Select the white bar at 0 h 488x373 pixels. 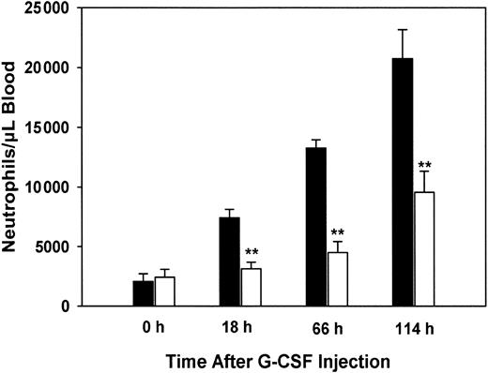165,291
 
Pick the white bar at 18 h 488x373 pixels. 252,287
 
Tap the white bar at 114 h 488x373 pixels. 424,249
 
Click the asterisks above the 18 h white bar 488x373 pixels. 252,252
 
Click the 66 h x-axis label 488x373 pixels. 327,331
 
